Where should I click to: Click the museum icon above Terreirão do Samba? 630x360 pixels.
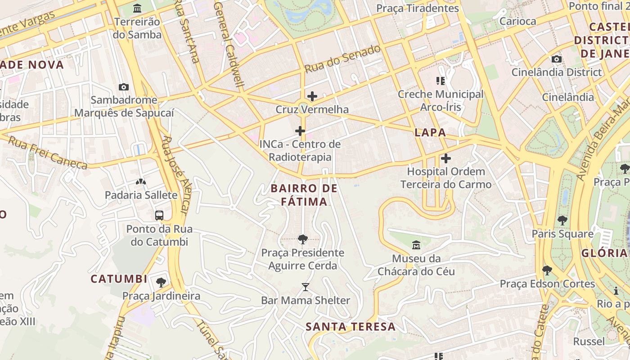pos(137,8)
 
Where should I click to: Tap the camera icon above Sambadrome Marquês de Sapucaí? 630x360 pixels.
pos(123,87)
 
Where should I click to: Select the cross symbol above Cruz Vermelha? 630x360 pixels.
pos(312,96)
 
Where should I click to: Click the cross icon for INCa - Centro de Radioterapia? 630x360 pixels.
pos(300,131)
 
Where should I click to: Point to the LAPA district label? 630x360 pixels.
pos(430,132)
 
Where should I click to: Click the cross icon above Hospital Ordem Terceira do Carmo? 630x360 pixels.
pos(445,158)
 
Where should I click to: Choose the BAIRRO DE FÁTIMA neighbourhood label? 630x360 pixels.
pos(304,195)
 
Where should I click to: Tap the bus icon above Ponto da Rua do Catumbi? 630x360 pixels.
pos(159,216)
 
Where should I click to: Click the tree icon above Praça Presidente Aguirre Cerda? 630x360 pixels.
pos(303,239)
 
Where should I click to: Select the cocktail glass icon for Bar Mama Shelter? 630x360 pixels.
pos(306,287)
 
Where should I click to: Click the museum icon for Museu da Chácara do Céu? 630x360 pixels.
pos(416,246)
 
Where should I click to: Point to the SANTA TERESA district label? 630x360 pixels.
pos(351,327)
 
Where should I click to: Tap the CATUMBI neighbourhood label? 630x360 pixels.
pos(119,279)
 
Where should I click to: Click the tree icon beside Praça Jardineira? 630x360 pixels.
pos(161,283)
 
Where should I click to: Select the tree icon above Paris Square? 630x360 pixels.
pos(562,220)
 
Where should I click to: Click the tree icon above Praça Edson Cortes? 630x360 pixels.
pos(547,270)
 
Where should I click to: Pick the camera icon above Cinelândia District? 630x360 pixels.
pos(556,59)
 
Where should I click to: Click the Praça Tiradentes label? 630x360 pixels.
pos(417,8)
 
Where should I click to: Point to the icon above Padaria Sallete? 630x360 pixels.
pos(141,182)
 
